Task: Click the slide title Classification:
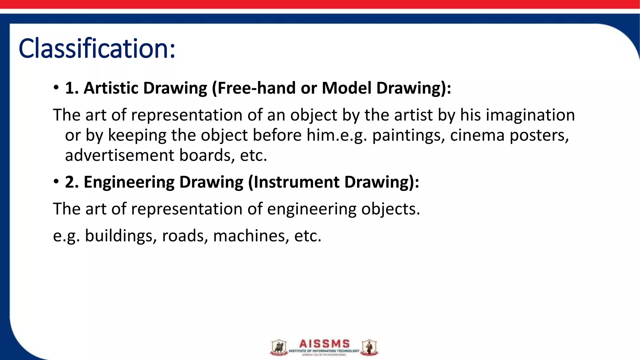tap(97, 48)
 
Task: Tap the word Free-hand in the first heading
tap(256, 88)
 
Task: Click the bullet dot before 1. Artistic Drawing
tap(56, 87)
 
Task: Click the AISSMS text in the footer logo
tap(324, 344)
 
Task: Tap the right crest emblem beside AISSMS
tap(369, 347)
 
